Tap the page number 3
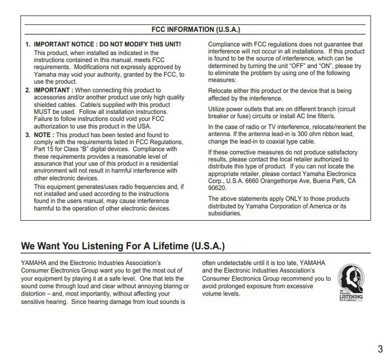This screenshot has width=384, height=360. tap(380, 349)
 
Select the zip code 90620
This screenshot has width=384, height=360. tap(217, 187)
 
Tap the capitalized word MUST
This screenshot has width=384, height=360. tap(43, 112)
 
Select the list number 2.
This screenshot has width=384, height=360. tap(28, 91)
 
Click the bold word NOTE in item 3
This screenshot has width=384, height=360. tap(44, 135)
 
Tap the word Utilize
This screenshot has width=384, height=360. tap(218, 109)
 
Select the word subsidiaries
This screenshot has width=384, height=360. tap(225, 213)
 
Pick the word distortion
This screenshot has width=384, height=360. tap(34, 294)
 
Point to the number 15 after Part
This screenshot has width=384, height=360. tap(51, 149)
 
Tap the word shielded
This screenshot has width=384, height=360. tap(46, 105)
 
